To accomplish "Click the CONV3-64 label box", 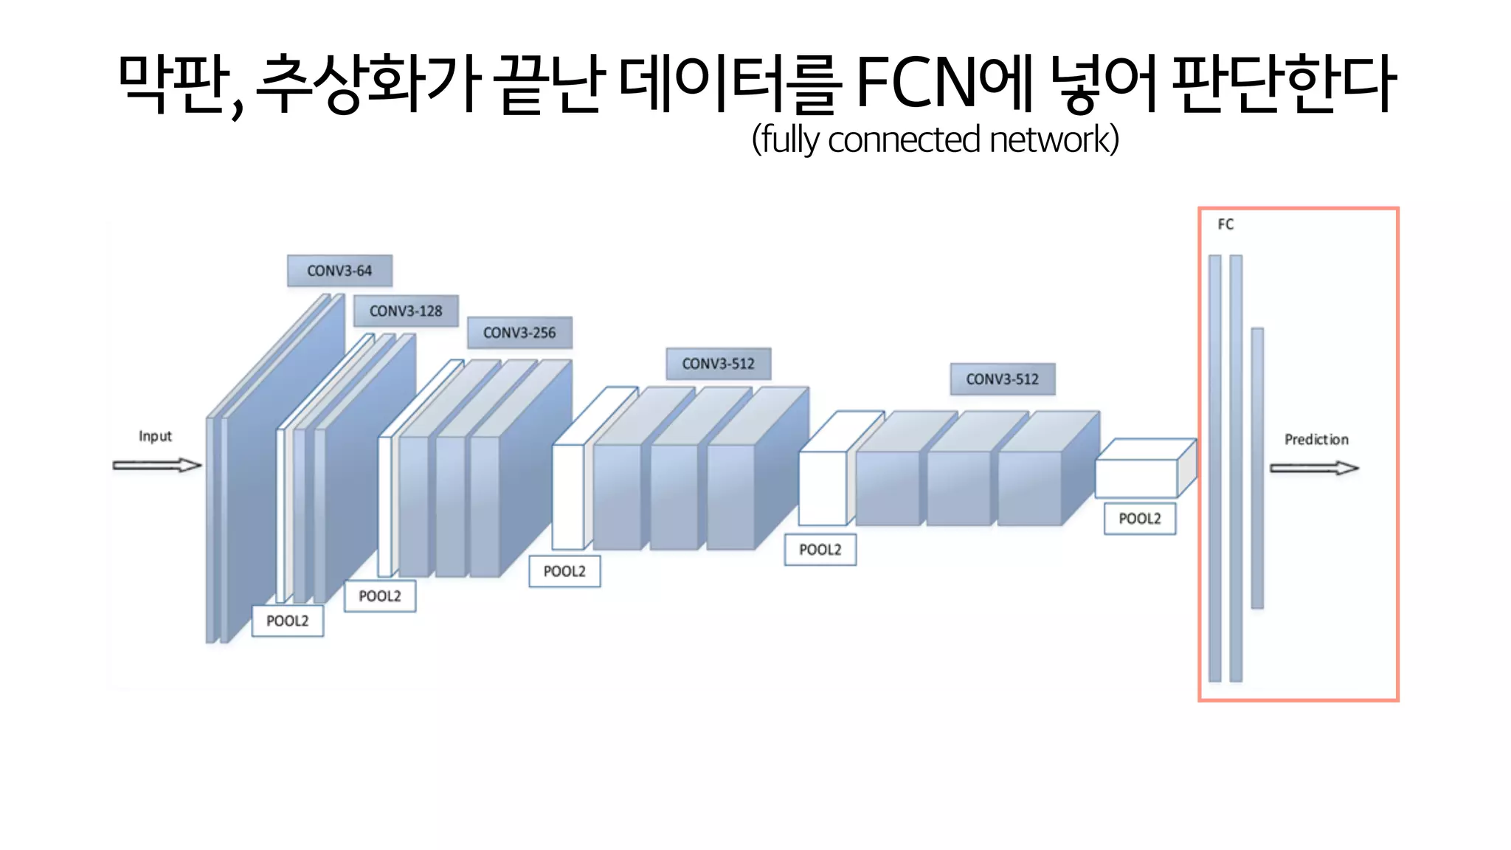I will point(339,271).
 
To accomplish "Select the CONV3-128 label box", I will point(406,311).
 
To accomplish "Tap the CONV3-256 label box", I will point(519,333).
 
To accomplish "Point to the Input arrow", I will point(156,465).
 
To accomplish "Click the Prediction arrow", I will point(1313,468).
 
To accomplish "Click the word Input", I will point(155,436).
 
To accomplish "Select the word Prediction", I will point(1316,440).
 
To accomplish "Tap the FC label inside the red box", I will point(1225,224).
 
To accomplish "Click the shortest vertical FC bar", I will point(1257,468).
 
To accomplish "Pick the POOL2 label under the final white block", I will point(1139,519).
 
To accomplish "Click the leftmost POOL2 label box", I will point(287,621).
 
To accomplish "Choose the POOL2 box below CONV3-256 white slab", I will point(379,596).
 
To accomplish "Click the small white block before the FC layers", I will point(1136,477).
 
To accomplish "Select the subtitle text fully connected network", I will point(935,139).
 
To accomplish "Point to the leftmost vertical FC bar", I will point(1214,468).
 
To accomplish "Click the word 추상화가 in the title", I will point(368,83).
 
